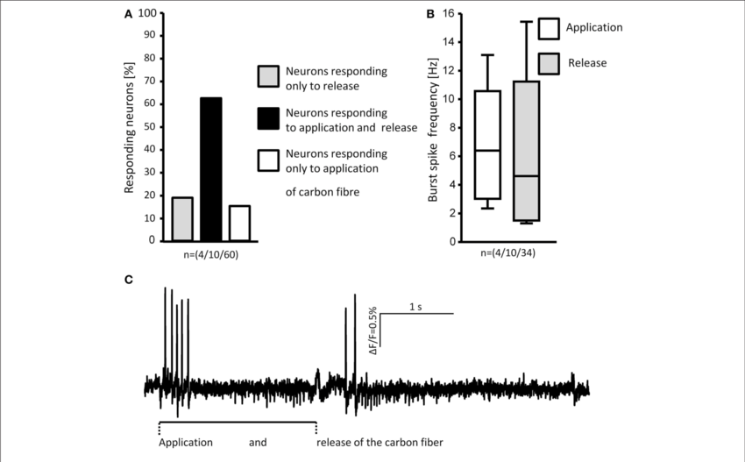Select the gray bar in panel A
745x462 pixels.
click(181, 219)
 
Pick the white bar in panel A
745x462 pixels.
click(239, 223)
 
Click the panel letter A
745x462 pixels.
click(129, 15)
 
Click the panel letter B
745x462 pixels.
click(430, 15)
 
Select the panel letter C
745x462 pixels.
click(129, 280)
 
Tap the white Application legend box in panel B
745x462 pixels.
click(549, 28)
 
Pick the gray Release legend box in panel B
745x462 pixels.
click(549, 62)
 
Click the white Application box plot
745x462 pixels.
click(487, 145)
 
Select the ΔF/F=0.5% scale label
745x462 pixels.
click(372, 329)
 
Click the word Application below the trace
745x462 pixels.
click(186, 443)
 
